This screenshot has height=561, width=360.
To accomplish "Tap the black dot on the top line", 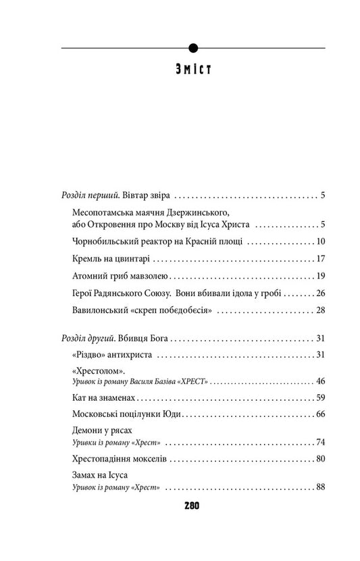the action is tap(193, 47).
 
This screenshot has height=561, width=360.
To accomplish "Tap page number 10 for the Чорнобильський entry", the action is tap(322, 241).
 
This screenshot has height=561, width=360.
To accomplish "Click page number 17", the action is tap(322, 258).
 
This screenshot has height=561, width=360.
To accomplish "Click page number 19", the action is tap(322, 275).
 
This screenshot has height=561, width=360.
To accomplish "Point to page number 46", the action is tap(322, 382).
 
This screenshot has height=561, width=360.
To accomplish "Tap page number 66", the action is tap(322, 416).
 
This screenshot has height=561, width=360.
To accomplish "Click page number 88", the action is tap(322, 487).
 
